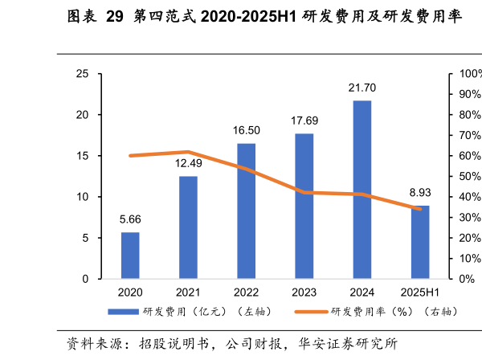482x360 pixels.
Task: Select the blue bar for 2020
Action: pyautogui.click(x=130, y=256)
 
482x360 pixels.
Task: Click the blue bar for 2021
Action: pyautogui.click(x=188, y=227)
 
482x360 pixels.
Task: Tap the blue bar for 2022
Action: pyautogui.click(x=246, y=211)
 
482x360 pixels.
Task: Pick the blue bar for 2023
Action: pyautogui.click(x=304, y=207)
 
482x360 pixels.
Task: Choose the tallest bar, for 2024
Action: pyautogui.click(x=362, y=190)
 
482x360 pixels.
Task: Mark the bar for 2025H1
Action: pyautogui.click(x=420, y=242)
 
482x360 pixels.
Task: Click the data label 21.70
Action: pyautogui.click(x=362, y=88)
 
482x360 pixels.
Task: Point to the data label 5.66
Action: pyautogui.click(x=130, y=219)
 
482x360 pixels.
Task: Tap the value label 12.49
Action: pyautogui.click(x=188, y=163)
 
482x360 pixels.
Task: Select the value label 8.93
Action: pyautogui.click(x=420, y=193)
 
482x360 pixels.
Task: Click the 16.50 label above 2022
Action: pyautogui.click(x=246, y=130)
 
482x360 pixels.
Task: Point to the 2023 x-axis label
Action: pyautogui.click(x=304, y=292)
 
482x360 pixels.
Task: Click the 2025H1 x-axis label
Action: pyautogui.click(x=420, y=292)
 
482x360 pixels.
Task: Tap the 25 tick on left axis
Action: pyautogui.click(x=82, y=74)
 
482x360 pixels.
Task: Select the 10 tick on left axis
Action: pyautogui.click(x=82, y=197)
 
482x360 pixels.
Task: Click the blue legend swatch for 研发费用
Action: pyautogui.click(x=125, y=311)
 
